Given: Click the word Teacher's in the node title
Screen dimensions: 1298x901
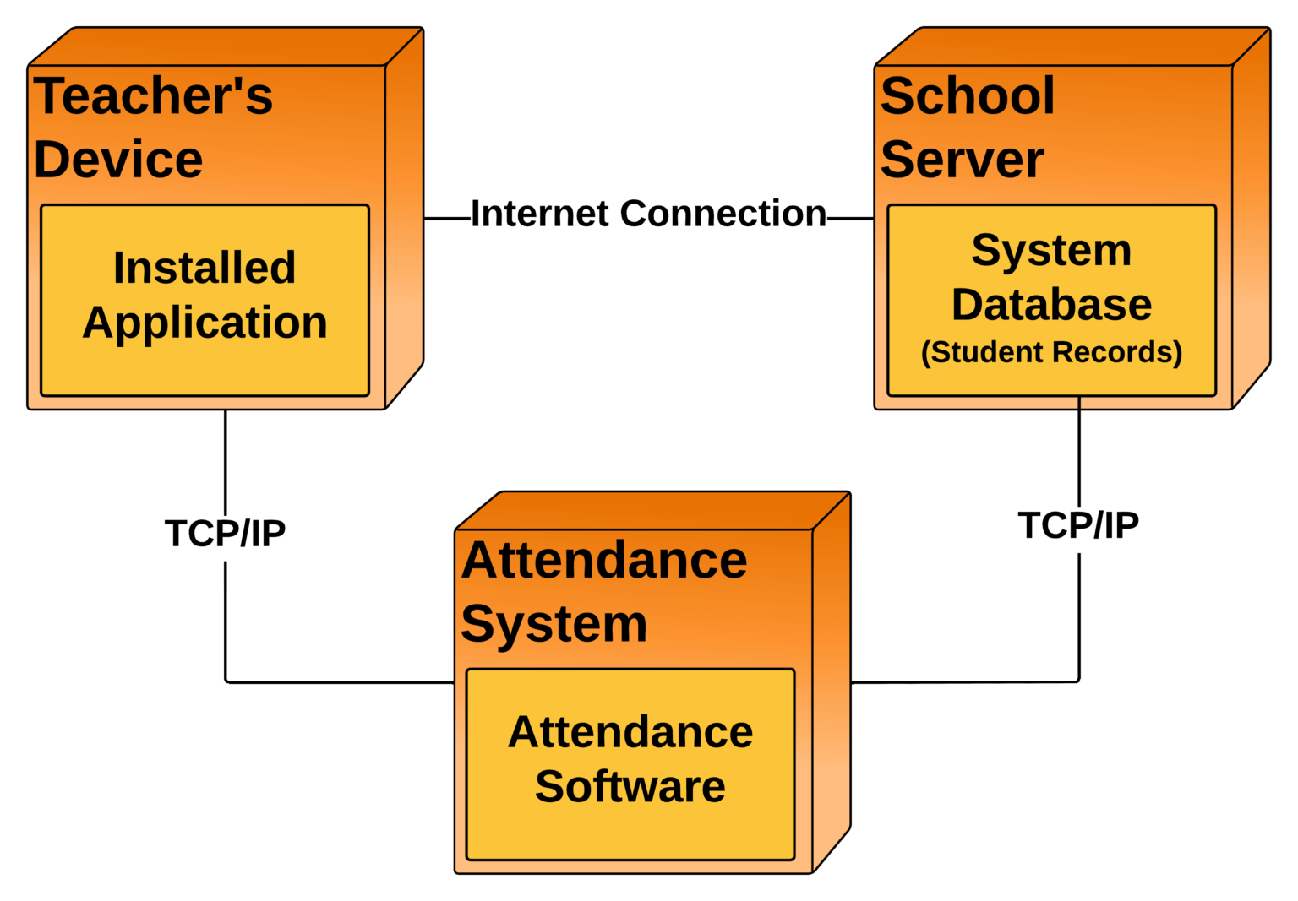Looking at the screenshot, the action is (x=154, y=95).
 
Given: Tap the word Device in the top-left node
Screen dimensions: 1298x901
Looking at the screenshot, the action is (x=118, y=160).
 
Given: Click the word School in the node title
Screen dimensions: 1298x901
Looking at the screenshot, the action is (x=968, y=95).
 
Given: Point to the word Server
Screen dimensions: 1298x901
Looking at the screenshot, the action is (x=962, y=160).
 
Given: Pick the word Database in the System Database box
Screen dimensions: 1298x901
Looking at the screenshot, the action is (x=1051, y=304).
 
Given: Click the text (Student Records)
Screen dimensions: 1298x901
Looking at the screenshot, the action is (x=1051, y=352).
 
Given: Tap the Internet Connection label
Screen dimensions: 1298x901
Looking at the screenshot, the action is (x=648, y=214).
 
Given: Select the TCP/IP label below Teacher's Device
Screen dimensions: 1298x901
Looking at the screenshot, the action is (x=225, y=534).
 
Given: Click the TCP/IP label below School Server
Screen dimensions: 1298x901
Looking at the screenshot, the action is (x=1078, y=525).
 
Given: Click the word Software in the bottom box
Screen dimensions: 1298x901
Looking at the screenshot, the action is (x=630, y=786).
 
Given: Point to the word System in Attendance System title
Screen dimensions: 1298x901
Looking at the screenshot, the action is (x=554, y=624).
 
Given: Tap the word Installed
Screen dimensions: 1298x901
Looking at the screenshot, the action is (x=205, y=268).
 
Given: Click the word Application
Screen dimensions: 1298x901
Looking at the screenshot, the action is (x=205, y=323).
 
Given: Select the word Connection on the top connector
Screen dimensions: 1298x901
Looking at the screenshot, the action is (x=723, y=214).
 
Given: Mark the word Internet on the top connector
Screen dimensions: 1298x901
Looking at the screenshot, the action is (x=541, y=214).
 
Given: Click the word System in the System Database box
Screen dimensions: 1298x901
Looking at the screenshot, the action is (x=1051, y=251).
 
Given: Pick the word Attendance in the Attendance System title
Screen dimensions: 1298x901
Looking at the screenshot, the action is (x=604, y=560).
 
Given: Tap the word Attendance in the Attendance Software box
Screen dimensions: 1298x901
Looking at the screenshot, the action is (x=630, y=732).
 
